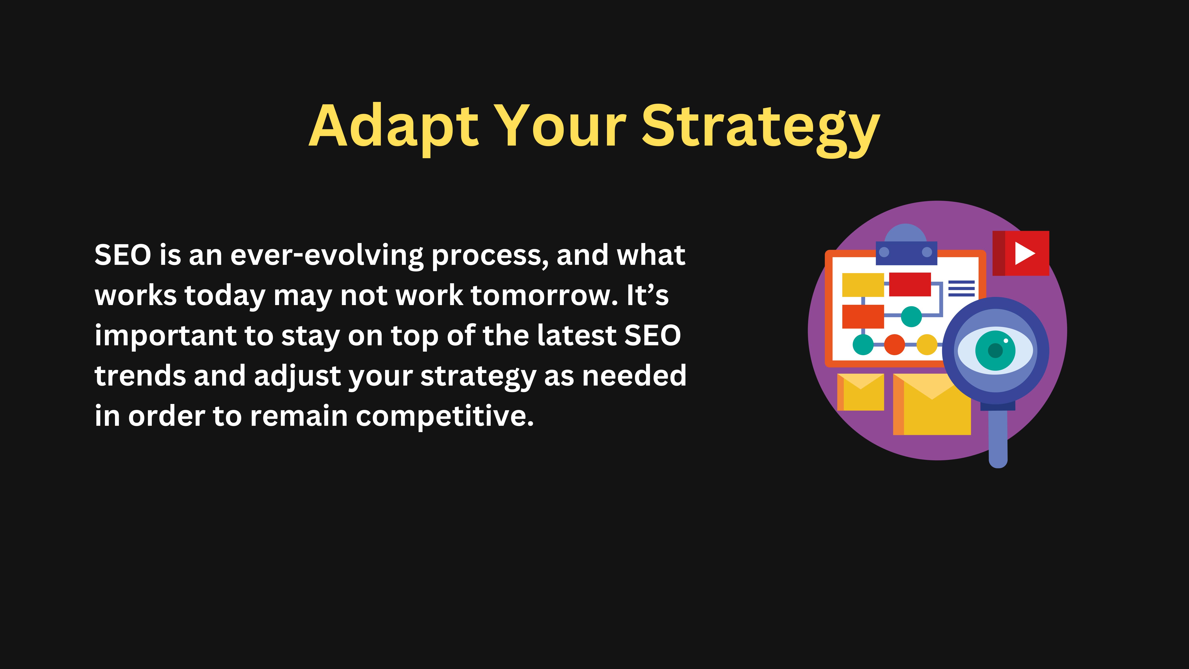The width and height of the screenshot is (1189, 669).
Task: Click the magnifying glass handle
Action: pos(998,436)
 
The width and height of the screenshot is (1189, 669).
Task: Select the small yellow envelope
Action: pos(860,392)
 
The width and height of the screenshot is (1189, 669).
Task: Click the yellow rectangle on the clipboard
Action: pos(863,285)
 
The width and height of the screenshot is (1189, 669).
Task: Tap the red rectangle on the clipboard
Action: pos(910,284)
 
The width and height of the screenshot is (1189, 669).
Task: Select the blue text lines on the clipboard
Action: pos(962,289)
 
